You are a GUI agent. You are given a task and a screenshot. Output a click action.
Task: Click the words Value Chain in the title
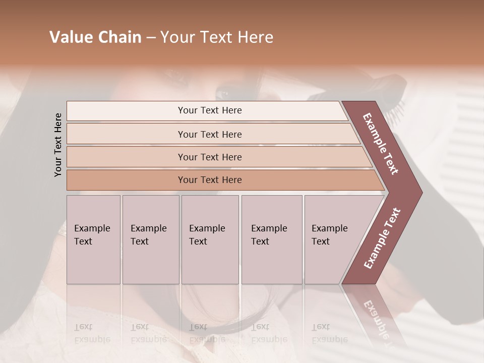coord(95,37)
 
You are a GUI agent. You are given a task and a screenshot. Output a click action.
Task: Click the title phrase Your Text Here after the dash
coord(217,37)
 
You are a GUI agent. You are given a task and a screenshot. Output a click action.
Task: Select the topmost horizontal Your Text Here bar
coord(210,110)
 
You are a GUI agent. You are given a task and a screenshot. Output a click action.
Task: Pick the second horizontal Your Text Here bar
coord(210,134)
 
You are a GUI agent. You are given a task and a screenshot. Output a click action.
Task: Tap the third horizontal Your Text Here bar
coord(210,157)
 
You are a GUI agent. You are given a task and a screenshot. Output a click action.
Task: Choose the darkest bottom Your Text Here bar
coord(210,180)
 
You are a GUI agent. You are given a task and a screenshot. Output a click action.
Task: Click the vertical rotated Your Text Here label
coord(58,145)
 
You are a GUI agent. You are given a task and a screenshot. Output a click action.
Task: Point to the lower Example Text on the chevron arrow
coord(382,238)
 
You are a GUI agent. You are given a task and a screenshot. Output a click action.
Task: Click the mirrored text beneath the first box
coord(92,333)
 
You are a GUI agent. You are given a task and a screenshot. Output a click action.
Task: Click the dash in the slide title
coord(151,38)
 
